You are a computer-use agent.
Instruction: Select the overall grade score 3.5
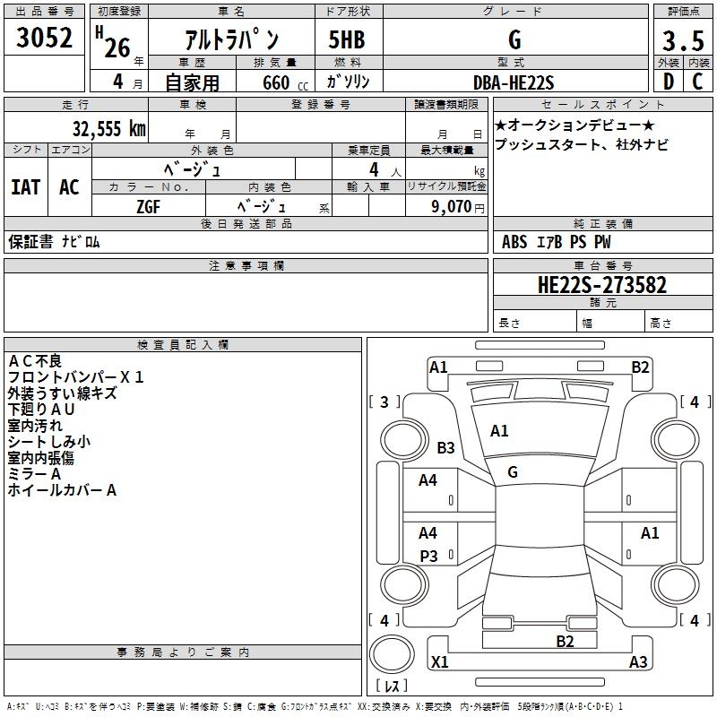[x=681, y=41]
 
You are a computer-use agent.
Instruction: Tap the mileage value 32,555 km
[x=109, y=128]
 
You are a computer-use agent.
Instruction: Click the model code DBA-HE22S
[x=514, y=82]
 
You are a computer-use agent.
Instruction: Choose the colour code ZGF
[x=149, y=206]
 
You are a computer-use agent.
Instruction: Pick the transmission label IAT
[x=25, y=187]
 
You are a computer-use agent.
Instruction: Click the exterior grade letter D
[x=668, y=82]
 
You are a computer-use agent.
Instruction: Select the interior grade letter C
[x=697, y=82]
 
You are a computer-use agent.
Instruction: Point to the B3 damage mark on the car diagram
[x=445, y=447]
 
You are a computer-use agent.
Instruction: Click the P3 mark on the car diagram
[x=428, y=556]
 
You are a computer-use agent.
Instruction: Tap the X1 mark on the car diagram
[x=439, y=662]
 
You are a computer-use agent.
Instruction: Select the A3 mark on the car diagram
[x=638, y=662]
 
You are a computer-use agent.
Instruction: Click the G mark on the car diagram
[x=513, y=472]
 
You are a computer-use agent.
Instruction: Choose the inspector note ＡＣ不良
[x=35, y=361]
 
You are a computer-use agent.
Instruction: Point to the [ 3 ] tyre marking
[x=384, y=402]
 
